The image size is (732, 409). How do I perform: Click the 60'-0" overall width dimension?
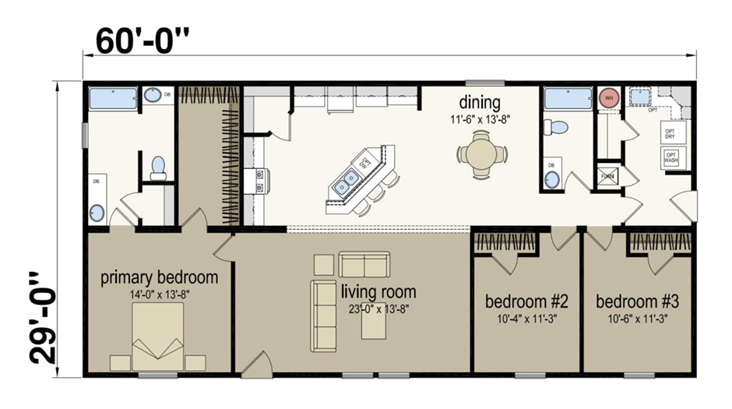(143, 41)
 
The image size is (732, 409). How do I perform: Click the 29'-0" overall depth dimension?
(44, 318)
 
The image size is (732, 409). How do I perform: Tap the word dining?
(479, 102)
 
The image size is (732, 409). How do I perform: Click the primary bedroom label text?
(159, 278)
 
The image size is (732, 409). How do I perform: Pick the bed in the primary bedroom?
(157, 336)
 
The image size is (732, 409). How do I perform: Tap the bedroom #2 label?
(526, 301)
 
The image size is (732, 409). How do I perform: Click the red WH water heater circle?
(608, 99)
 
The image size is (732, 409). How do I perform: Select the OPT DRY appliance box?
(670, 132)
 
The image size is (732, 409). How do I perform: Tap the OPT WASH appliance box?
(670, 158)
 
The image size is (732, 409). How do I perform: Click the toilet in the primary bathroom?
(158, 167)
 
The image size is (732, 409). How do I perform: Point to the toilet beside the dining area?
(556, 127)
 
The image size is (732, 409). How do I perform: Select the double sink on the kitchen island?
(346, 183)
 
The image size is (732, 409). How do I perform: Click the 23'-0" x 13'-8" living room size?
(379, 309)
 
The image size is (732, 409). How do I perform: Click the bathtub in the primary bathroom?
(113, 98)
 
